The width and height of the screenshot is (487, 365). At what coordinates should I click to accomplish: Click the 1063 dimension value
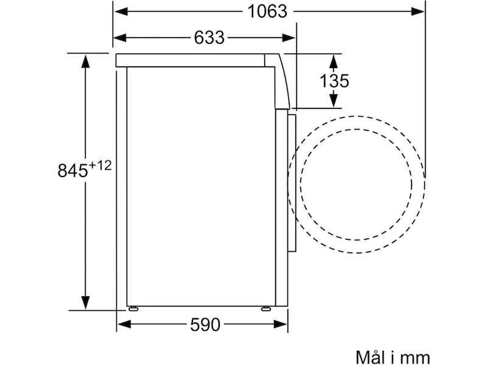pyautogui.click(x=267, y=12)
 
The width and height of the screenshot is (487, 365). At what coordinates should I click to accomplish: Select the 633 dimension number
pyautogui.click(x=209, y=38)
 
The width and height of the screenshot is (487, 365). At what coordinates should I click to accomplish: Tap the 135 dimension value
pyautogui.click(x=334, y=81)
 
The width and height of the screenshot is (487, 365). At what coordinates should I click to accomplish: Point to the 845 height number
pyautogui.click(x=72, y=170)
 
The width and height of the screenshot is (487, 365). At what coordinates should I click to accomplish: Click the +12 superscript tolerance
pyautogui.click(x=100, y=165)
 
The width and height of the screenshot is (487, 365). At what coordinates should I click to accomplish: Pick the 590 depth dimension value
pyautogui.click(x=205, y=325)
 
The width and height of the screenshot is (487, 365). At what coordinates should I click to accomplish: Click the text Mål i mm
pyautogui.click(x=393, y=357)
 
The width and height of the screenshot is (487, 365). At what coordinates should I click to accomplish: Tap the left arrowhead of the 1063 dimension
pyautogui.click(x=121, y=12)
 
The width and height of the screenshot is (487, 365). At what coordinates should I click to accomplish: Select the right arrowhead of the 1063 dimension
pyautogui.click(x=418, y=12)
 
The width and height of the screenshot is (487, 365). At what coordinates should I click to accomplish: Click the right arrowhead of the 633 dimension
pyautogui.click(x=289, y=38)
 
